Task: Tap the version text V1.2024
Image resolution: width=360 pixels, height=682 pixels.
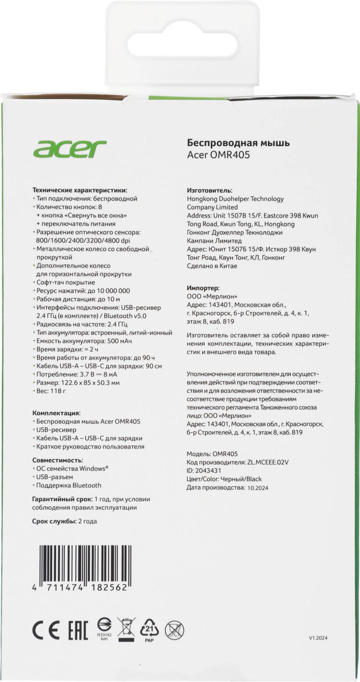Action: pos(318,637)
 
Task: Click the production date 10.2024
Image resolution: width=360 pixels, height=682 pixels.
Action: pos(258,488)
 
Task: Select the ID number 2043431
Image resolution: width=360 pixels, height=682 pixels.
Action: pos(208,471)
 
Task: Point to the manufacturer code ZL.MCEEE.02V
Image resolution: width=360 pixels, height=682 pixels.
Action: pos(267,462)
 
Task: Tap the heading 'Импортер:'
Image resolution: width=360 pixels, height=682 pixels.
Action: pos(203,288)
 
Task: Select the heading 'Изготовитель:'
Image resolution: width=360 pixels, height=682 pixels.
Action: pos(210,190)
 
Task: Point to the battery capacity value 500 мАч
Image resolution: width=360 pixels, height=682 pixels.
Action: pos(119,341)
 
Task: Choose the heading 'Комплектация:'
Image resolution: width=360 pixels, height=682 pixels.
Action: pos(56,413)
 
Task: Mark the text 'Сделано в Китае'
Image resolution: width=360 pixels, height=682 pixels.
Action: pos(212,266)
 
